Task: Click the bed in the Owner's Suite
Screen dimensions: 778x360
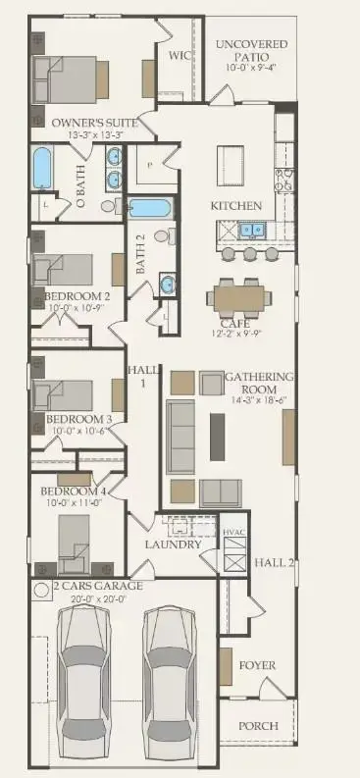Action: tap(67, 78)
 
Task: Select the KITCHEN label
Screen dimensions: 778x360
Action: tap(236, 206)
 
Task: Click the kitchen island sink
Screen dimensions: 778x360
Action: tap(248, 232)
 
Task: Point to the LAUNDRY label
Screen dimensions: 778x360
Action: tap(174, 545)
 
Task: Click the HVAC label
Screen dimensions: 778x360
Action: tap(232, 532)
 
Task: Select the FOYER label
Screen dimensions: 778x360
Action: tap(257, 665)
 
